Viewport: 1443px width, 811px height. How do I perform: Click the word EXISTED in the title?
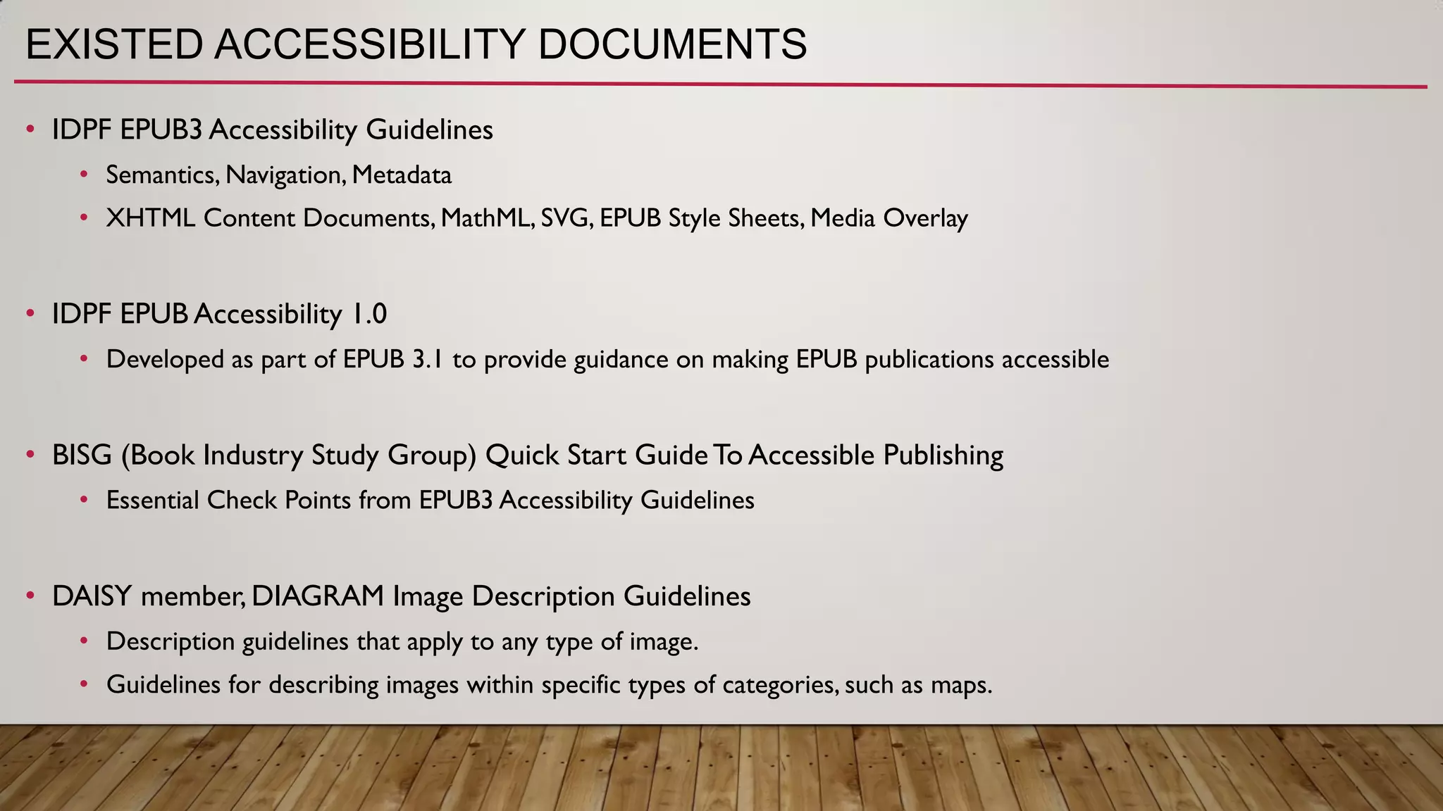113,44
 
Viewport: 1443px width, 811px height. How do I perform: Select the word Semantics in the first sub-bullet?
161,175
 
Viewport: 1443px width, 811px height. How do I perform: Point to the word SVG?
566,218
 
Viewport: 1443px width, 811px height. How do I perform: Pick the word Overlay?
925,218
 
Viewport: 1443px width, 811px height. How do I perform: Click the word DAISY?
92,596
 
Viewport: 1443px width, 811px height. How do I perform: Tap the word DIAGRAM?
318,596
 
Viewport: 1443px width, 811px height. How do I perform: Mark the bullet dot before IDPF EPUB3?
30,129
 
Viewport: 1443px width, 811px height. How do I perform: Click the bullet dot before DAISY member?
30,596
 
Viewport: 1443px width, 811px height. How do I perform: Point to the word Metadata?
402,175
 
